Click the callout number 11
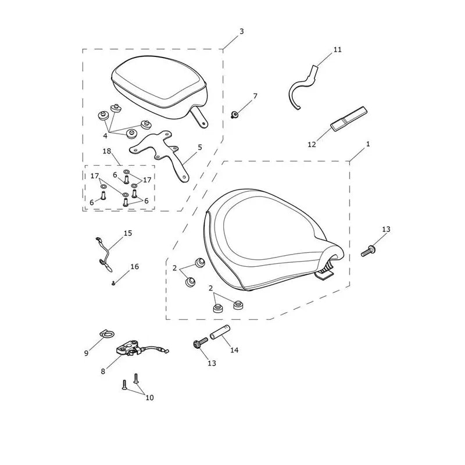click(x=338, y=49)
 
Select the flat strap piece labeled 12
click(x=349, y=119)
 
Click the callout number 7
click(x=255, y=96)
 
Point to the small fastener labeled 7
click(x=235, y=114)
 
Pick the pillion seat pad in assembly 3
click(x=160, y=86)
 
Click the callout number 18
click(x=107, y=151)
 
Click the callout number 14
click(x=234, y=350)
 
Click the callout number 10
click(x=149, y=398)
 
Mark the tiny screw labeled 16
click(x=113, y=284)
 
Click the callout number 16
click(x=134, y=267)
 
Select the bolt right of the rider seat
click(x=368, y=251)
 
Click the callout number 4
click(x=105, y=136)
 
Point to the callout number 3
click(x=241, y=31)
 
